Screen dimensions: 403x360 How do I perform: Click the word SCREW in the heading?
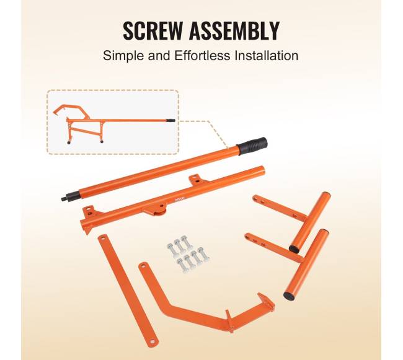pos(152,30)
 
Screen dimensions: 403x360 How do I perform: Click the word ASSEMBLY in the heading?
pos(234,30)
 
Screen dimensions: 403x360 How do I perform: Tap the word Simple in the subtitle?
pos(123,56)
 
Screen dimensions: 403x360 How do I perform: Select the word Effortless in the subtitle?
pos(202,56)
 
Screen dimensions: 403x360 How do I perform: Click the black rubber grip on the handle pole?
pos(252,146)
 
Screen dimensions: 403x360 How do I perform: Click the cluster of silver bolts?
pos(188,253)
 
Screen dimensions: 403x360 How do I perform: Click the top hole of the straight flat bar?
pos(103,239)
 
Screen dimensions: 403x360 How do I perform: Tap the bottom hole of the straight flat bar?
pos(153,341)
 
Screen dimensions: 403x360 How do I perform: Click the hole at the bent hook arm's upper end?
pos(144,266)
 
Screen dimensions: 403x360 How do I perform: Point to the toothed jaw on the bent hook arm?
pos(266,302)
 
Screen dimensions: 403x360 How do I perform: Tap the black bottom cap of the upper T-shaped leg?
pos(295,248)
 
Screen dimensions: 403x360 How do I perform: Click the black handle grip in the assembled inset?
pos(170,120)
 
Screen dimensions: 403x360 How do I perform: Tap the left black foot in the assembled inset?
pos(69,142)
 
